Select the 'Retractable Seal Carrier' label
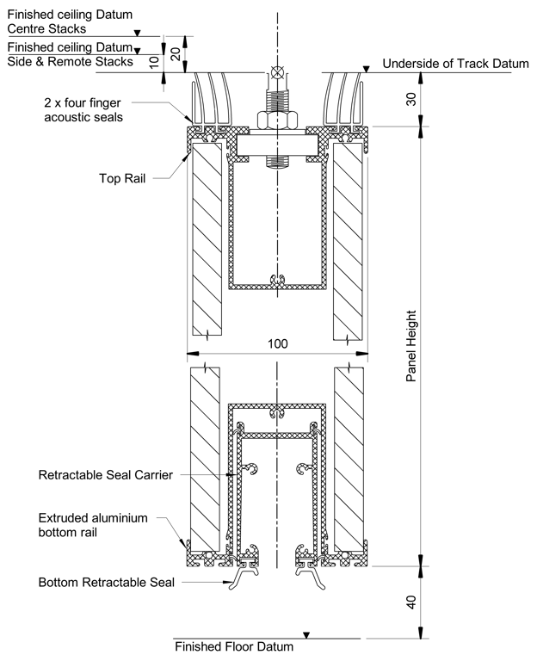point(107,474)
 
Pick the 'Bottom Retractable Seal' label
point(107,582)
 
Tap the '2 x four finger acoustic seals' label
point(84,108)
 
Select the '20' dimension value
point(176,53)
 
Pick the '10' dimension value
point(154,62)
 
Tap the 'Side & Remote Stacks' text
point(70,61)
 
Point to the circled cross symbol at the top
point(275,73)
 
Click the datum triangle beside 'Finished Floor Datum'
point(306,635)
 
